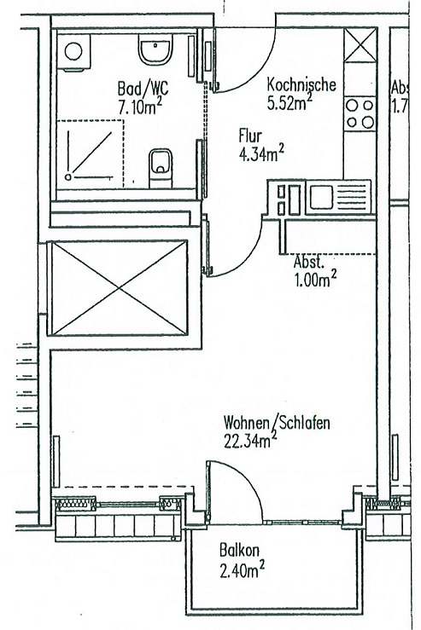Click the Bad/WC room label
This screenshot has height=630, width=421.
click(x=143, y=88)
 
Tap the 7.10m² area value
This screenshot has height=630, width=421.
click(x=140, y=106)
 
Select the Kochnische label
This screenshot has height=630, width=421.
click(x=301, y=84)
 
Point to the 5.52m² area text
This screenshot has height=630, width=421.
click(x=289, y=102)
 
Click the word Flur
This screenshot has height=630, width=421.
click(x=250, y=136)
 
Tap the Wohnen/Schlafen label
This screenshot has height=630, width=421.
click(x=277, y=423)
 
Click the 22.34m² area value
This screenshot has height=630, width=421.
click(x=250, y=441)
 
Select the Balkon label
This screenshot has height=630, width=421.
click(x=239, y=550)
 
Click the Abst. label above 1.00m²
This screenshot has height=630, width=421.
click(x=309, y=262)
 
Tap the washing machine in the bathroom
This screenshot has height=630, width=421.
click(x=73, y=52)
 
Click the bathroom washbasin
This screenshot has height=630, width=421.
click(x=155, y=49)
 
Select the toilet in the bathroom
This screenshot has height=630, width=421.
click(x=161, y=168)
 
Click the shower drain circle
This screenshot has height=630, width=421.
click(x=68, y=176)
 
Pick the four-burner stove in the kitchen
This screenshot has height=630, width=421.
click(x=360, y=113)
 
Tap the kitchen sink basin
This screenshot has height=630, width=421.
click(x=320, y=197)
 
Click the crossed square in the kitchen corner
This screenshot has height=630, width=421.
click(x=360, y=45)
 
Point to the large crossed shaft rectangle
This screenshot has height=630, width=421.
click(x=120, y=288)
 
